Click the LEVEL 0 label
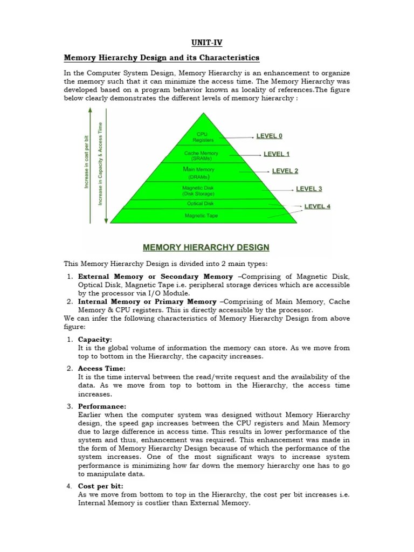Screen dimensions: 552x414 (270, 136)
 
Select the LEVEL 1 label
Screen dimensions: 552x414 (277, 154)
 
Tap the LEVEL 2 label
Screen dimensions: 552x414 (285, 171)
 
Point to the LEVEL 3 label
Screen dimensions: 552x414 (309, 189)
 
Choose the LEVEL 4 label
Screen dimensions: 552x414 (318, 206)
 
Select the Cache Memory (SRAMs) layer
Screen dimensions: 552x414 (201, 156)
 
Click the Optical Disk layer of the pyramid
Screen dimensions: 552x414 (201, 204)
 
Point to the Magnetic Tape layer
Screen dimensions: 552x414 (201, 216)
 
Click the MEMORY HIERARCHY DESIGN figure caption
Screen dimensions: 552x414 (206, 248)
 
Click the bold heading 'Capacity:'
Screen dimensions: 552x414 (95, 340)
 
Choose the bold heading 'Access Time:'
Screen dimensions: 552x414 (101, 369)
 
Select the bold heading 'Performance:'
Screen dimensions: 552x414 (102, 406)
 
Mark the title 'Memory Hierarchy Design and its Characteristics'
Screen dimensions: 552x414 (162, 58)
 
